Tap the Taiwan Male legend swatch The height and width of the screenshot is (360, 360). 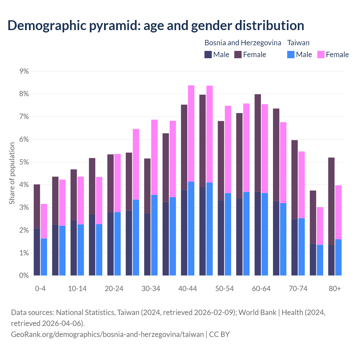pyautogui.click(x=291, y=55)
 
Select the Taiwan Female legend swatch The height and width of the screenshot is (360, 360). pyautogui.click(x=321, y=55)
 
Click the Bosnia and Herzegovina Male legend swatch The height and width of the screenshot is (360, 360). pyautogui.click(x=208, y=55)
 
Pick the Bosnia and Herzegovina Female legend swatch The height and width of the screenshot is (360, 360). pyautogui.click(x=238, y=55)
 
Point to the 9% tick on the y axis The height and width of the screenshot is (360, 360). pyautogui.click(x=24, y=71)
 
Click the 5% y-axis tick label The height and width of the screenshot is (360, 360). pyautogui.click(x=24, y=162)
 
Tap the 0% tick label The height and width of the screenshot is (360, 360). pyautogui.click(x=24, y=276)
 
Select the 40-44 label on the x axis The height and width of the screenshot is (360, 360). pyautogui.click(x=188, y=289)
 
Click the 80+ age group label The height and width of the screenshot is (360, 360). pyautogui.click(x=335, y=289)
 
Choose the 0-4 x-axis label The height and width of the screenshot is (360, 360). pyautogui.click(x=40, y=289)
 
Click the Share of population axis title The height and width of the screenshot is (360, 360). pyautogui.click(x=12, y=173)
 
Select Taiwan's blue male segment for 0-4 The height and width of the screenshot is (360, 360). pyautogui.click(x=44, y=257)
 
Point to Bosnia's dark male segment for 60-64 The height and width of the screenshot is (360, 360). pyautogui.click(x=258, y=233)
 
